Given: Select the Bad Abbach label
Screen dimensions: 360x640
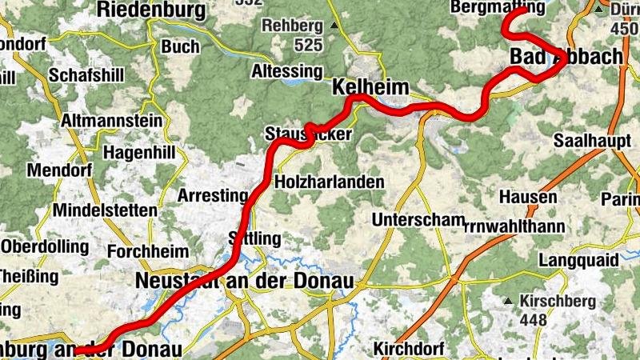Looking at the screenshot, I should (x=566, y=57).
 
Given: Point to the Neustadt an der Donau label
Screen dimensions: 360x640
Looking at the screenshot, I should (x=245, y=281).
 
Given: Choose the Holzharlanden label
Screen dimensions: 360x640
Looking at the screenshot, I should (x=329, y=182).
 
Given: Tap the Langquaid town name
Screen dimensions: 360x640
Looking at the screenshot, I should (x=578, y=261).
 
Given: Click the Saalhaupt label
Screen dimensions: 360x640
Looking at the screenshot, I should (x=589, y=141).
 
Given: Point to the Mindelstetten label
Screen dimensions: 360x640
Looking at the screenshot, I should (x=105, y=210).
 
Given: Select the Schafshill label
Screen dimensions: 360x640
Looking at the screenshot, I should (x=86, y=75).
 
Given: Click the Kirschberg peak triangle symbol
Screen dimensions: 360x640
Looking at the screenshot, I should (x=508, y=302).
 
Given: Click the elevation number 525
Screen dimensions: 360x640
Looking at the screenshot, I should (x=307, y=45).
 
